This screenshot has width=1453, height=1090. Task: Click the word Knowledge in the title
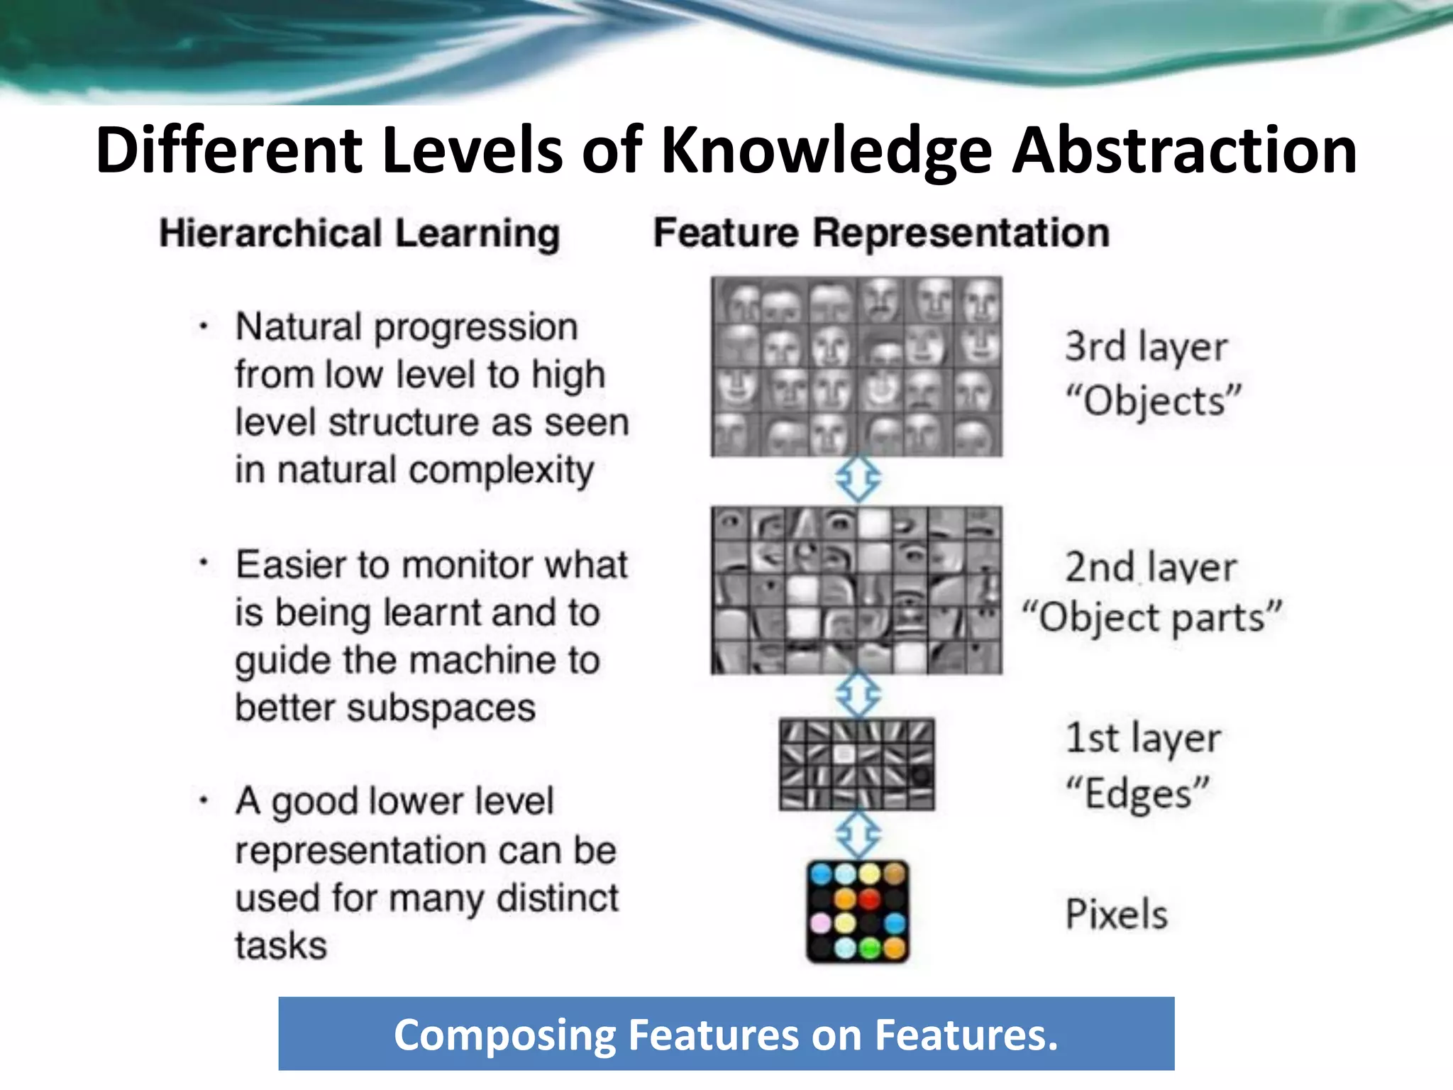826,151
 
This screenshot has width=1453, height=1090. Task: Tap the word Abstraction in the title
1184,151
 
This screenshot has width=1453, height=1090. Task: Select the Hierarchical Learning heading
360,233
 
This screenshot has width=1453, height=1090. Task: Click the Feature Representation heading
881,233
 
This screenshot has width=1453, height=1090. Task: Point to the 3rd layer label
1146,347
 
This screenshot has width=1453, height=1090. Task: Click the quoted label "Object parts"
1151,617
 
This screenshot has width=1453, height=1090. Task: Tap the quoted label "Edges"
1137,793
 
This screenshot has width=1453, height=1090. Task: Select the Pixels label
1116,913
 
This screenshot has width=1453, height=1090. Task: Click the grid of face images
856,366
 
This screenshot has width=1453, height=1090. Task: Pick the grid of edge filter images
856,764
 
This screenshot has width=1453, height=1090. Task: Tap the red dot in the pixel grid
869,899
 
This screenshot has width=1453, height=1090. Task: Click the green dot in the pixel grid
869,947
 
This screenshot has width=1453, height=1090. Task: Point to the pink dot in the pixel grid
821,923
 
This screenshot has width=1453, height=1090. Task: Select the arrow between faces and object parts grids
858,480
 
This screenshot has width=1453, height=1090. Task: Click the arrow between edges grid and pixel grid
858,835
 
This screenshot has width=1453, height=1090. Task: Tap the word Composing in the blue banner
504,1035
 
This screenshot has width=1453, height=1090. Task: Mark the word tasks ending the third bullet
281,945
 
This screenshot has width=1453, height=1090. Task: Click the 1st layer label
1143,738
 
